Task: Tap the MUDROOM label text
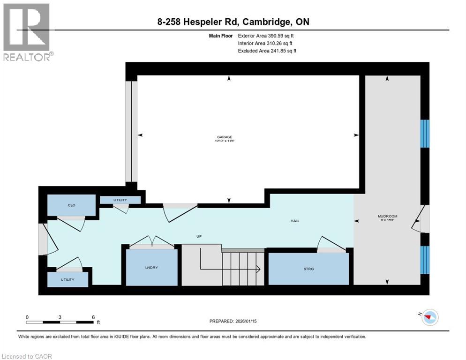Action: click(387, 216)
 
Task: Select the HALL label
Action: click(294, 221)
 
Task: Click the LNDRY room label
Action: click(151, 268)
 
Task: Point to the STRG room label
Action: click(308, 269)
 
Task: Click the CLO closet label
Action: click(71, 205)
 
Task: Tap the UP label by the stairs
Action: click(199, 236)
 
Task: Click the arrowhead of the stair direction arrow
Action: click(258, 269)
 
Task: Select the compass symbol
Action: click(428, 317)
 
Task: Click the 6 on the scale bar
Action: click(93, 317)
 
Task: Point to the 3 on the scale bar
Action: click(60, 317)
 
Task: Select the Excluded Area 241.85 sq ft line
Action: click(267, 51)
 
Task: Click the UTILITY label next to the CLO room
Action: click(120, 200)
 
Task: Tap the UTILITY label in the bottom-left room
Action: click(68, 279)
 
